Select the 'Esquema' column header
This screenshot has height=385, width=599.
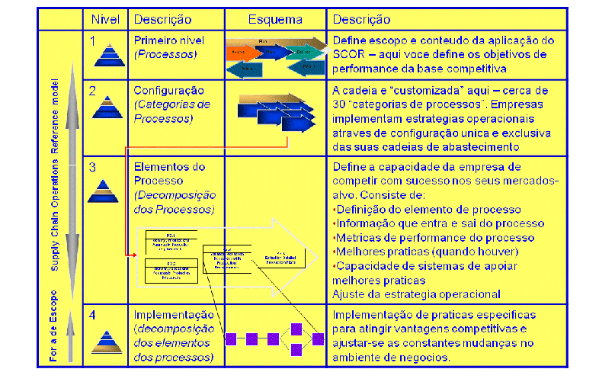275,19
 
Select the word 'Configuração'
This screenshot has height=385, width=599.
168,90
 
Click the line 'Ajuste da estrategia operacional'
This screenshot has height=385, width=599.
416,294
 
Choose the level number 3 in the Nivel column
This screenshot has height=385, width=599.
92,165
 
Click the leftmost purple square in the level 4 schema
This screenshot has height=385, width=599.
231,337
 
